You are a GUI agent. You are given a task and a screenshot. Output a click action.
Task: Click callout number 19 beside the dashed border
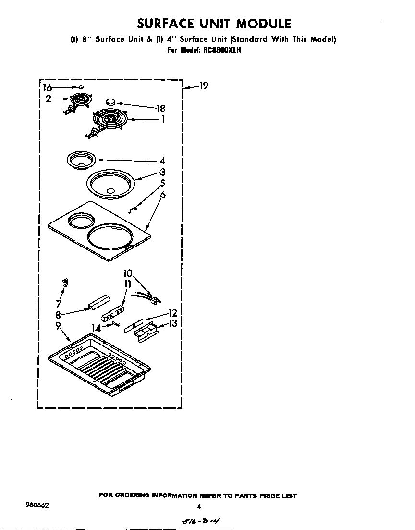coord(203,86)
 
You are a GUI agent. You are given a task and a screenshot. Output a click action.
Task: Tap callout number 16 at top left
coord(47,87)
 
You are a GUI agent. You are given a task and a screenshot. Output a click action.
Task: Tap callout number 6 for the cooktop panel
coord(163,194)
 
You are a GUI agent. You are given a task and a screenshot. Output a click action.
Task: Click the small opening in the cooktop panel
coord(80,221)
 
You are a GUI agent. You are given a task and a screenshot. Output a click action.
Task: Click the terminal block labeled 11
coord(113,312)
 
